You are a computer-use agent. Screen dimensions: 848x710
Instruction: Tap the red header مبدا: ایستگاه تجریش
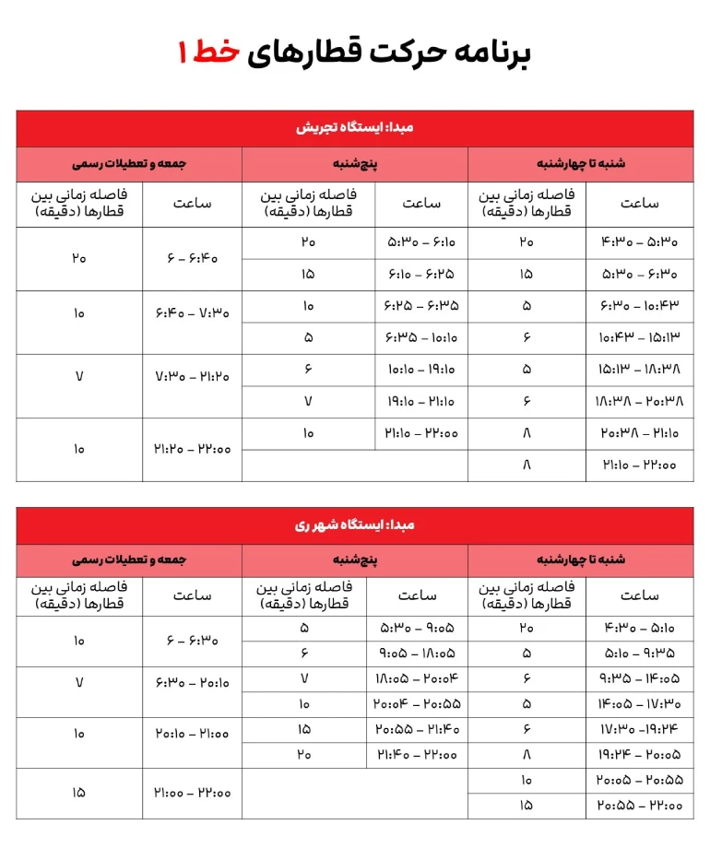point(355,128)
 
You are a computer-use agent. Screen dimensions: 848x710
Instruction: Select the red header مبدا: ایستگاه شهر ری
point(355,525)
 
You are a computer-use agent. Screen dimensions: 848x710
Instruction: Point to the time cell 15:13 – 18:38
point(639,370)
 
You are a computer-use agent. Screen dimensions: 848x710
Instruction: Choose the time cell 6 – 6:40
point(192,259)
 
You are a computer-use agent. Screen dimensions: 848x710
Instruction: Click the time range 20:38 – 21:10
point(639,433)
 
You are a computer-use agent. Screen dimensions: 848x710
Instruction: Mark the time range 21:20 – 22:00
point(192,449)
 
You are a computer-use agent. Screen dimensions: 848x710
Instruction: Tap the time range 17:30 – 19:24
point(639,729)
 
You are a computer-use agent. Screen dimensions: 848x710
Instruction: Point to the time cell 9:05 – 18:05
point(417,654)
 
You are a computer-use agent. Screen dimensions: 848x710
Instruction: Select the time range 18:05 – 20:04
point(417,679)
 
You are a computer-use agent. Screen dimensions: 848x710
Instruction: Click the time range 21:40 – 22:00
point(417,754)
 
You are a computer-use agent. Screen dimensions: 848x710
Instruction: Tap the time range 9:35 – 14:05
point(639,679)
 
